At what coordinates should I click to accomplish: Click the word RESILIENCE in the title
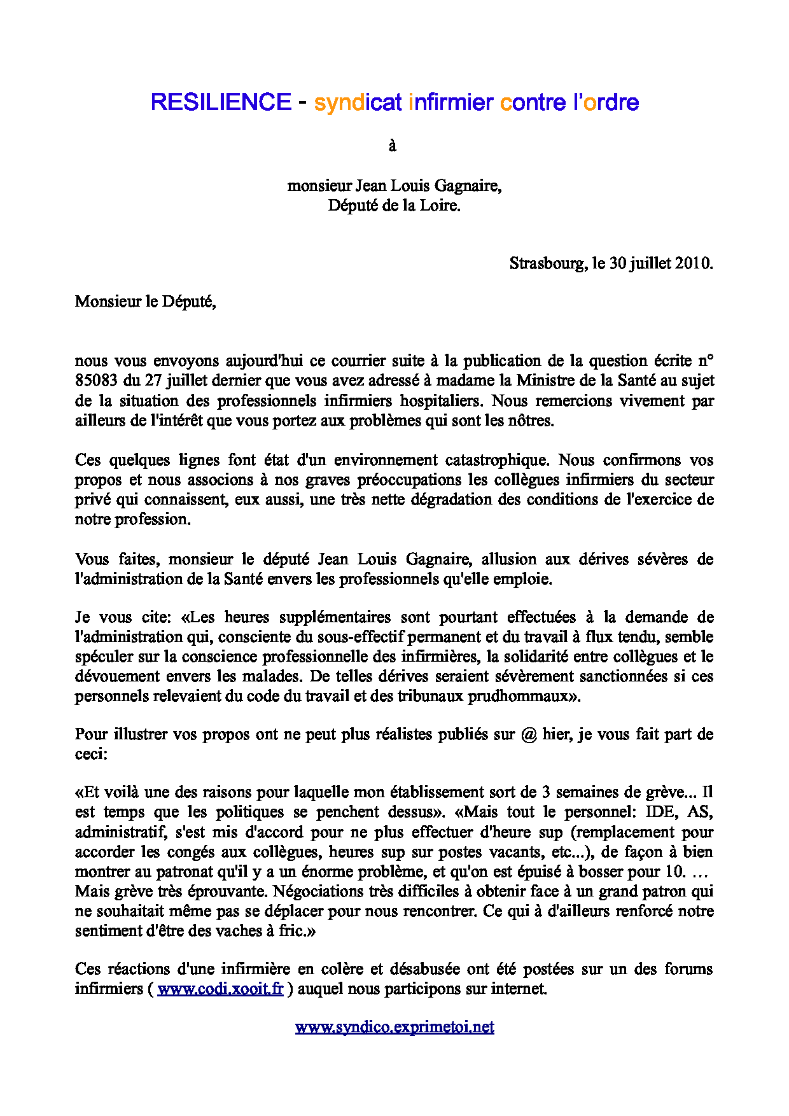(x=221, y=102)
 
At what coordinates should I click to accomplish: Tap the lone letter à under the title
(x=393, y=146)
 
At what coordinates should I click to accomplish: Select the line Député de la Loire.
(x=394, y=206)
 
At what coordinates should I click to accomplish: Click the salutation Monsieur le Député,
(x=145, y=302)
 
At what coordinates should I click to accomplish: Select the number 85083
(x=96, y=380)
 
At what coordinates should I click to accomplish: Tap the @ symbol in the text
(x=528, y=735)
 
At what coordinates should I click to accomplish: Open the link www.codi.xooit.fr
(x=220, y=989)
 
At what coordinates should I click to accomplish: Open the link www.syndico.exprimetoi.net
(x=394, y=1027)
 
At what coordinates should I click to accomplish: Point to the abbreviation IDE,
(x=662, y=813)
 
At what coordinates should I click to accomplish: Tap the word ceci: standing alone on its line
(x=91, y=754)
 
